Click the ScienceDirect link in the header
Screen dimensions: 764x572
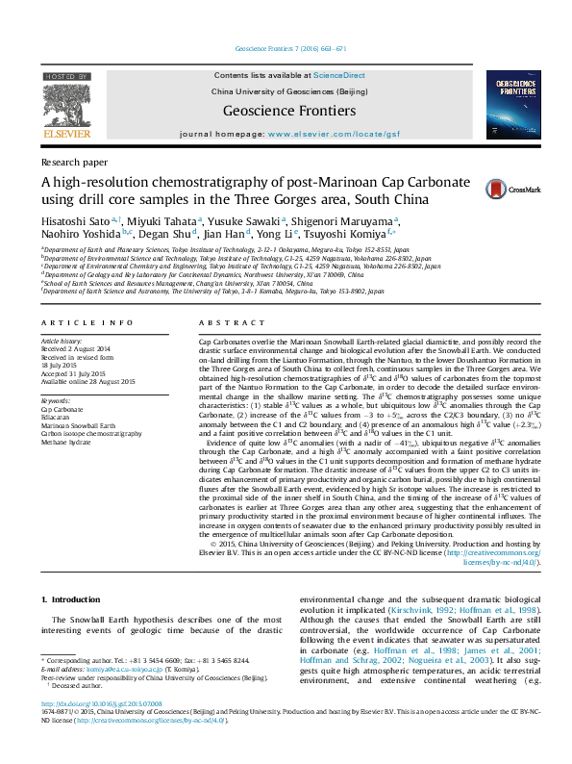[338, 74]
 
